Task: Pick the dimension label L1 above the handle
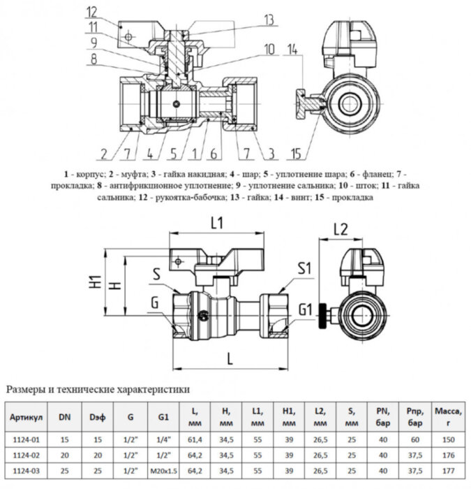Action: click(x=216, y=224)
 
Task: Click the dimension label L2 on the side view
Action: click(x=341, y=228)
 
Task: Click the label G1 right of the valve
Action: click(x=306, y=308)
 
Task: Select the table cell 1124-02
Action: click(x=27, y=453)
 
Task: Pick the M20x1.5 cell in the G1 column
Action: click(x=163, y=470)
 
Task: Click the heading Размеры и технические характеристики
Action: click(x=97, y=388)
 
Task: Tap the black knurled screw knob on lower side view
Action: click(x=323, y=310)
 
